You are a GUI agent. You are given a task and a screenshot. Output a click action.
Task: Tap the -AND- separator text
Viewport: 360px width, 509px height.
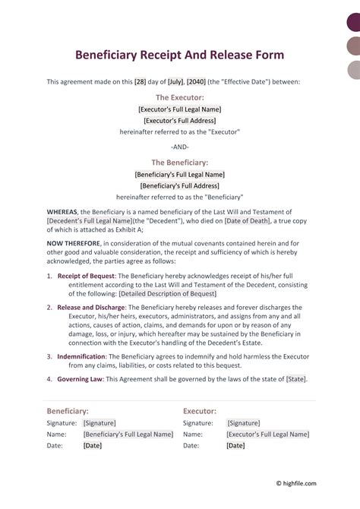click(181, 147)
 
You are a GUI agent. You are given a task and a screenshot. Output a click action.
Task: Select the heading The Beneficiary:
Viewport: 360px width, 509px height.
click(180, 162)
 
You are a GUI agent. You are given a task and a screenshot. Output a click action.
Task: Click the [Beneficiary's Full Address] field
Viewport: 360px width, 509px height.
click(180, 185)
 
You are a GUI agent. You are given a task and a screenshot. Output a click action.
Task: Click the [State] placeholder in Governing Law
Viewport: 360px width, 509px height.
click(296, 378)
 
